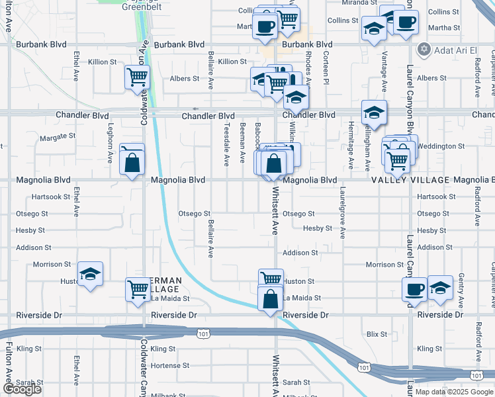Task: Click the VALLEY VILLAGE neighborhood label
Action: (410, 180)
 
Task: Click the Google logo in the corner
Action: (22, 389)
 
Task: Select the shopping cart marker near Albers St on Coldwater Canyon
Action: (137, 78)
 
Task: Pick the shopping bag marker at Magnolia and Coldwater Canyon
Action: (132, 161)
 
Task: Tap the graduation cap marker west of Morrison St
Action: (91, 275)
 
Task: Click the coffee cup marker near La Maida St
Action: (415, 289)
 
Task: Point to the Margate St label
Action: (58, 137)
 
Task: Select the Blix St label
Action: (377, 335)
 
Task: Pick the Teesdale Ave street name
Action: (226, 144)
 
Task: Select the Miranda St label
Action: (359, 3)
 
